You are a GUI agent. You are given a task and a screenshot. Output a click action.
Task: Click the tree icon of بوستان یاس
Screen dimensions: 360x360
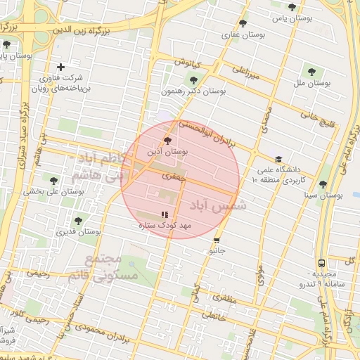(292, 7)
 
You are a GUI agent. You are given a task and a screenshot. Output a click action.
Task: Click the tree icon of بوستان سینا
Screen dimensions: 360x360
(323, 184)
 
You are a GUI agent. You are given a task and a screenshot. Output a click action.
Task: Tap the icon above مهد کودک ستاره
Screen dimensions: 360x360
(165, 214)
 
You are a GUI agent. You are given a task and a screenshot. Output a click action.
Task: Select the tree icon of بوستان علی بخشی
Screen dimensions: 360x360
(53, 180)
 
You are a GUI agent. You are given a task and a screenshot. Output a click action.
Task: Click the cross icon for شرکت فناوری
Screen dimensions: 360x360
(61, 67)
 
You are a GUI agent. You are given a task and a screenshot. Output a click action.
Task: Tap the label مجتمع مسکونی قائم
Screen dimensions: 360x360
(95, 267)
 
